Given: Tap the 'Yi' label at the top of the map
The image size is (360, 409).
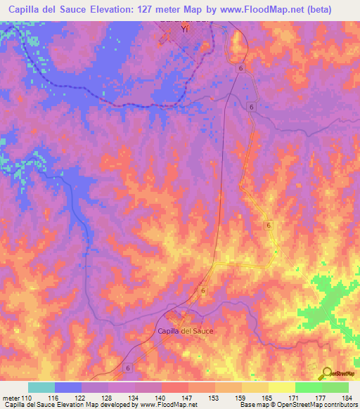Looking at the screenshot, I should click(186, 30).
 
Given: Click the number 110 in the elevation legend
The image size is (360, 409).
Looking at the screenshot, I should click(27, 398).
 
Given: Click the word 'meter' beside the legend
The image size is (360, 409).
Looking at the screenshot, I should click(11, 398).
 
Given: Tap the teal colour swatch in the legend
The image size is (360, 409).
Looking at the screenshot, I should click(41, 387).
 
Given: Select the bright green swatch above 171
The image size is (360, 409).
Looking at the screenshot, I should click(308, 387).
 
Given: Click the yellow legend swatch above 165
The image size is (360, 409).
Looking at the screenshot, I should click(255, 387).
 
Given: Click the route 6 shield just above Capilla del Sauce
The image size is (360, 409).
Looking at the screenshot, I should click(202, 290).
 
